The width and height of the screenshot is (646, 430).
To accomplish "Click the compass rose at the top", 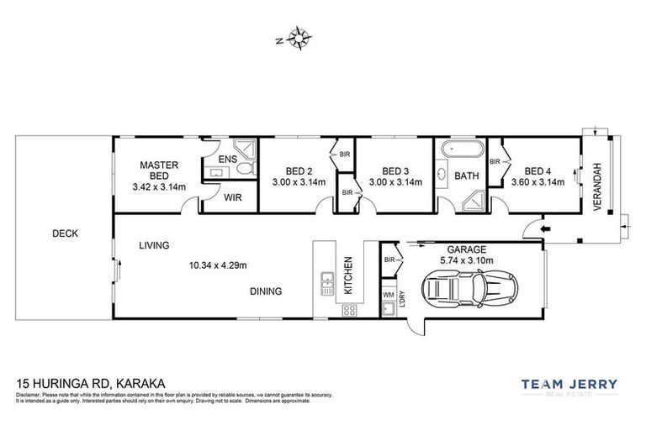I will point(299,37).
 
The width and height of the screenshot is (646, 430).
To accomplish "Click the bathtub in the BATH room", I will point(462,151).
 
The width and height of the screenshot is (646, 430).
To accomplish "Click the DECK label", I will point(64,234).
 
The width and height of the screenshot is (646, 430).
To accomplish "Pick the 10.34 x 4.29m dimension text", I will point(218,266).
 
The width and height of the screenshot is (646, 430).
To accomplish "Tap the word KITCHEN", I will point(347,275).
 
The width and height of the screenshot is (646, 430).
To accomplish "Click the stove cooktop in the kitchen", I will point(349,311).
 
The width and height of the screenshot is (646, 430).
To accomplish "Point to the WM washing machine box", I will point(388,295).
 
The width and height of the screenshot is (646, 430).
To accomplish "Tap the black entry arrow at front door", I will point(544,228).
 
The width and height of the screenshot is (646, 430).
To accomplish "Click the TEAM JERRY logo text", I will point(569,385).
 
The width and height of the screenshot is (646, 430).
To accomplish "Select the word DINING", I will point(265,291).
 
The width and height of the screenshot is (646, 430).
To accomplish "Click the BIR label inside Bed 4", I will point(495,160).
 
